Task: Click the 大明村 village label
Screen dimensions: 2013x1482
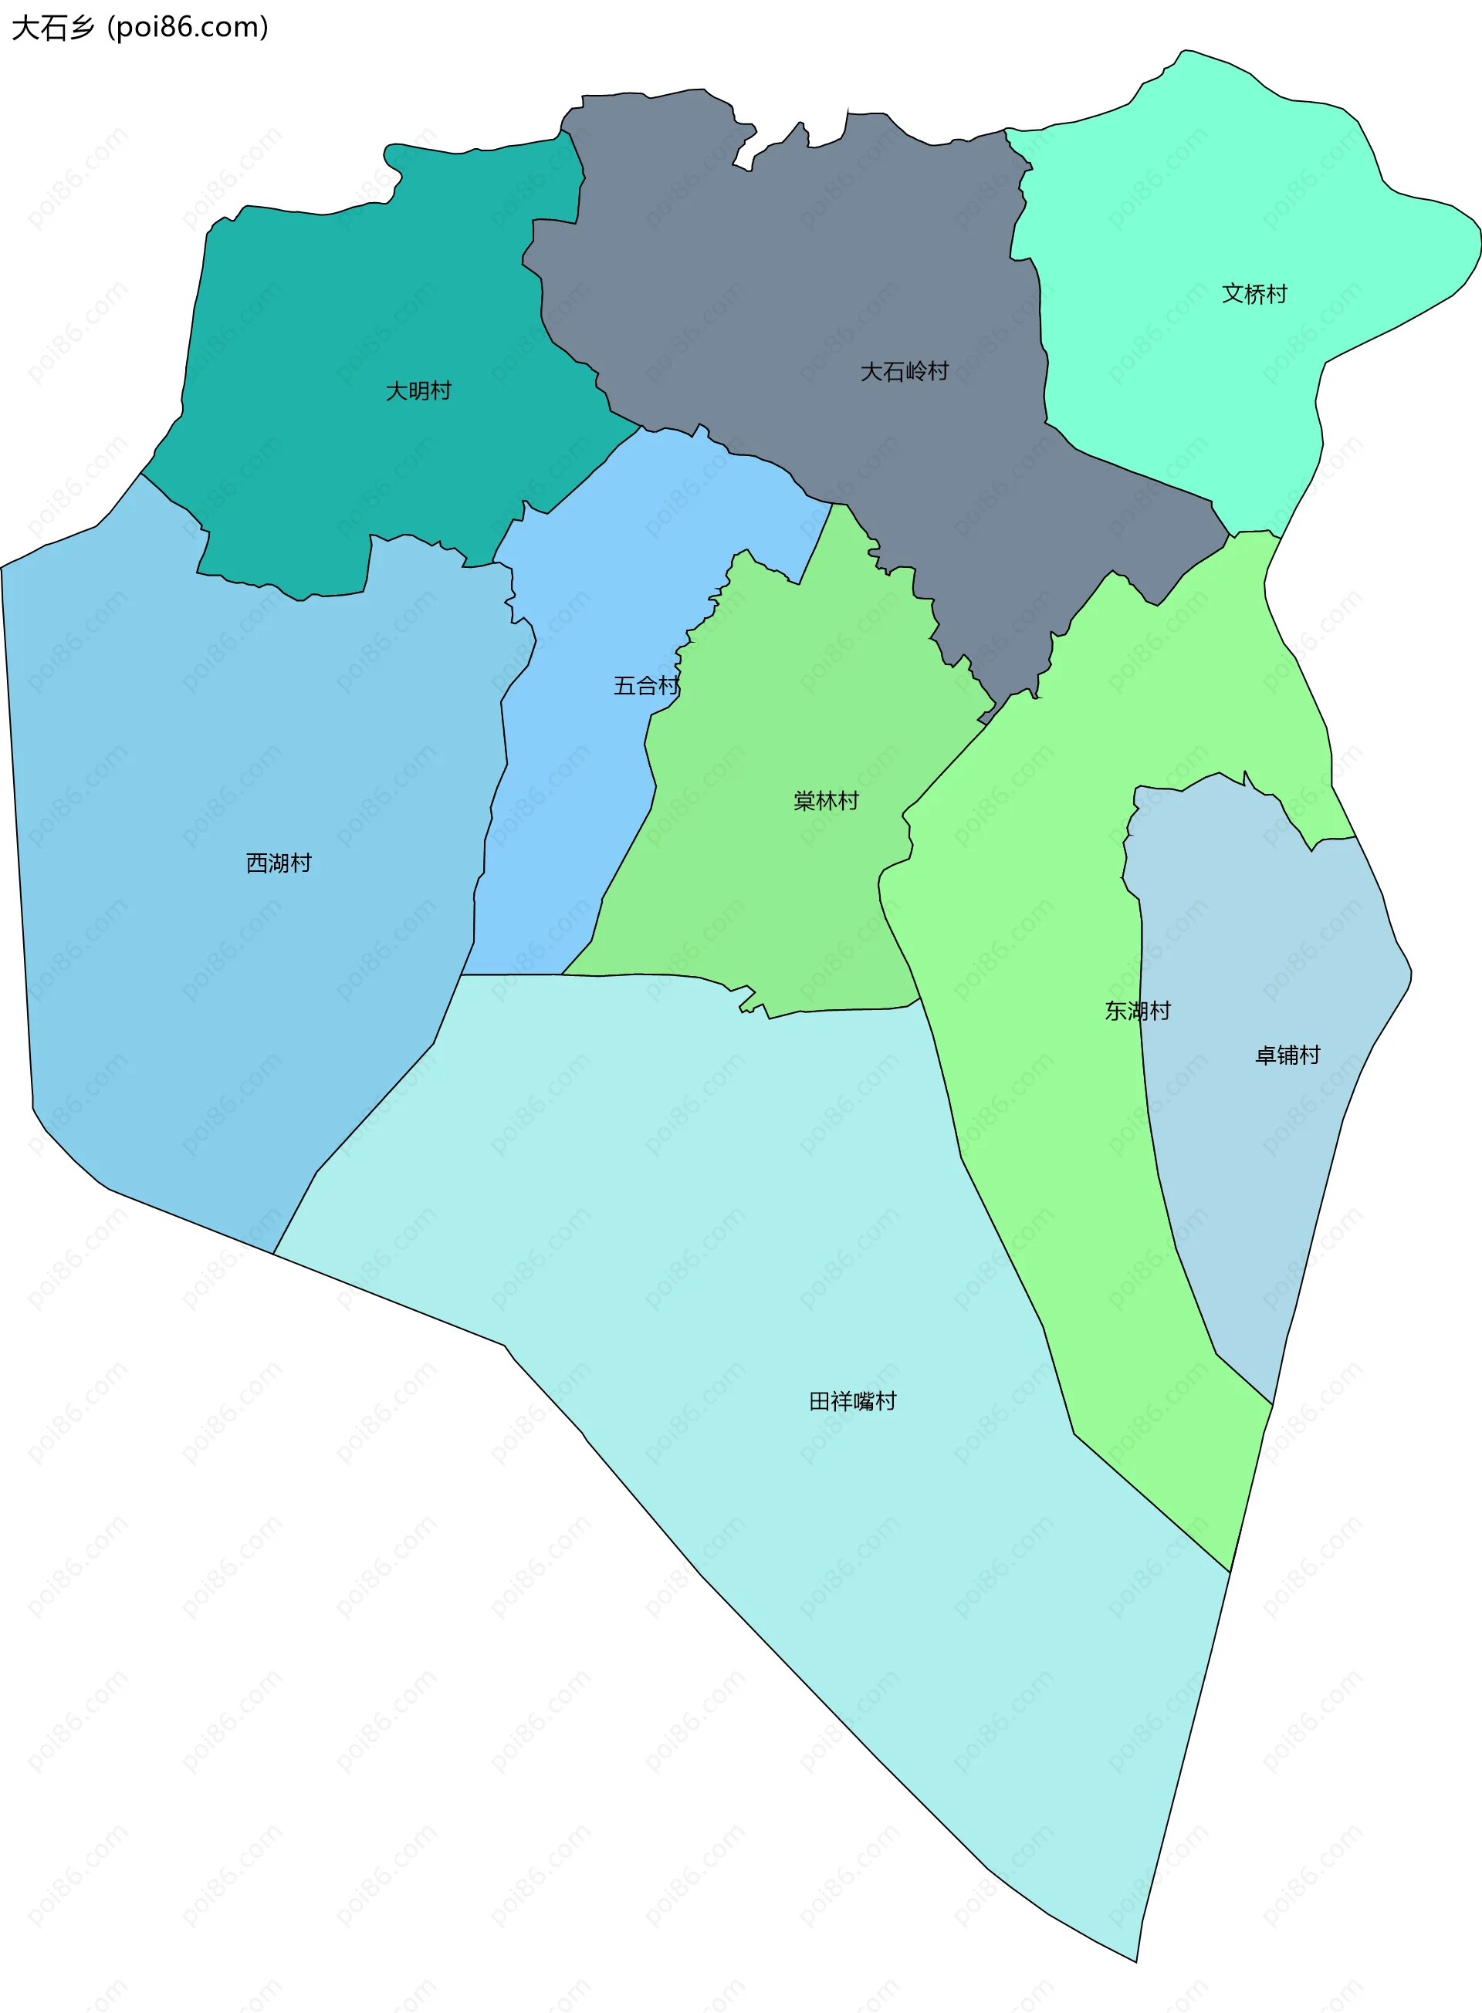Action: (418, 391)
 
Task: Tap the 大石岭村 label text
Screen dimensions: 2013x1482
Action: (905, 371)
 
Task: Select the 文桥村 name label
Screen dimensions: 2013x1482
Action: (1254, 294)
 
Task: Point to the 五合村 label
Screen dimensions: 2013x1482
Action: (646, 686)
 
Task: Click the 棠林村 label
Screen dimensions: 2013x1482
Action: (826, 801)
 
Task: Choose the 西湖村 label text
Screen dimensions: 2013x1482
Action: (279, 863)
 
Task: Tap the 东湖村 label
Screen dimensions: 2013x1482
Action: (1138, 1012)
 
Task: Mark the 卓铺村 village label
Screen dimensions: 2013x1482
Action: (1287, 1055)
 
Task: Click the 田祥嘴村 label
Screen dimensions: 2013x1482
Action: (852, 1401)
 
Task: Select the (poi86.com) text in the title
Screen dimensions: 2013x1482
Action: (188, 28)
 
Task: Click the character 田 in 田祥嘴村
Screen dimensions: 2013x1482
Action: (820, 1401)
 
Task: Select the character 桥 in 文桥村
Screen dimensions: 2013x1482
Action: (1254, 294)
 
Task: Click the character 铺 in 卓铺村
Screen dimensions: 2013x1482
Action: (1287, 1055)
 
